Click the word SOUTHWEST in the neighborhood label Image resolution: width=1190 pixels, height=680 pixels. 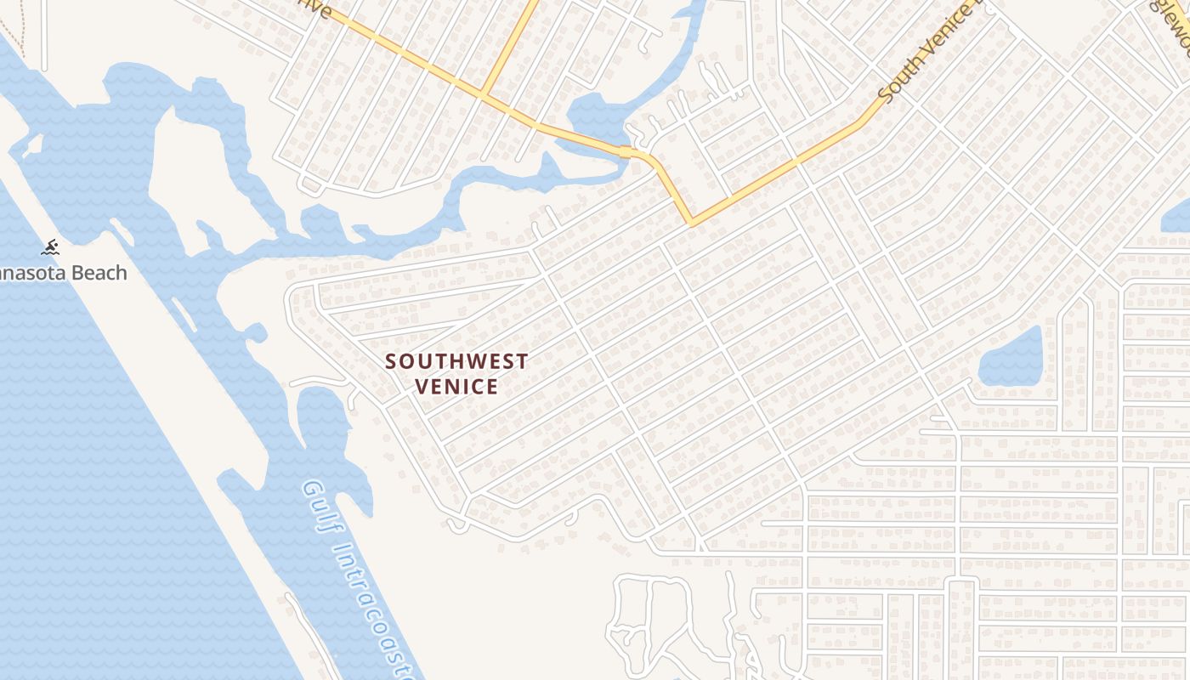456,361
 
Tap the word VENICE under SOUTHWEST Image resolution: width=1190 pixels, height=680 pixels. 456,387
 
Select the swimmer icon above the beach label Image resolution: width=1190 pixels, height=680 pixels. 50,248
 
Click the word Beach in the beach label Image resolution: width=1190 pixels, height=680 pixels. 98,273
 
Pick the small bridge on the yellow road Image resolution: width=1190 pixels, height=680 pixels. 626,152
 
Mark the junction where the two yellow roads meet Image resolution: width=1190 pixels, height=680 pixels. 483,93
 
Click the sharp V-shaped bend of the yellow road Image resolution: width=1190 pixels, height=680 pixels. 691,224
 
